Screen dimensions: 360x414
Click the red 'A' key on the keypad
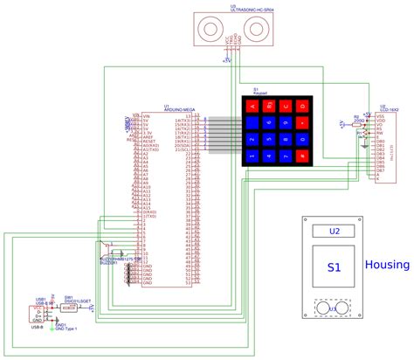coord(252,106)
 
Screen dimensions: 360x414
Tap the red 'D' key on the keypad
coord(303,106)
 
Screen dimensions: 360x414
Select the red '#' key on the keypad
coord(286,156)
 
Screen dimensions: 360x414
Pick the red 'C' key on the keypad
coord(303,123)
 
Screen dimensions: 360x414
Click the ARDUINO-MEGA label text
coord(177,109)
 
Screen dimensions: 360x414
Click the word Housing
coord(388,265)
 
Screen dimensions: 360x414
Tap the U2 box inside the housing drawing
coord(334,232)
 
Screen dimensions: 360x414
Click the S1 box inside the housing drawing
coord(334,268)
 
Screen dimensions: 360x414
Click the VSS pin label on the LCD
coord(380,115)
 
